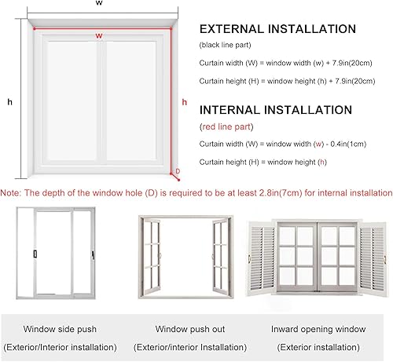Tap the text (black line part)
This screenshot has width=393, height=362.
pos(229,46)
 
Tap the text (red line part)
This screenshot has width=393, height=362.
pos(224,126)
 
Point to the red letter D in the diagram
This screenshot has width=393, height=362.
pos(177,170)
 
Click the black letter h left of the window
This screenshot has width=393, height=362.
pos(9,101)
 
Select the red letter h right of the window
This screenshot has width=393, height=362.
pos(184,101)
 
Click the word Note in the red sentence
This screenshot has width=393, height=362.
pos(10,192)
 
